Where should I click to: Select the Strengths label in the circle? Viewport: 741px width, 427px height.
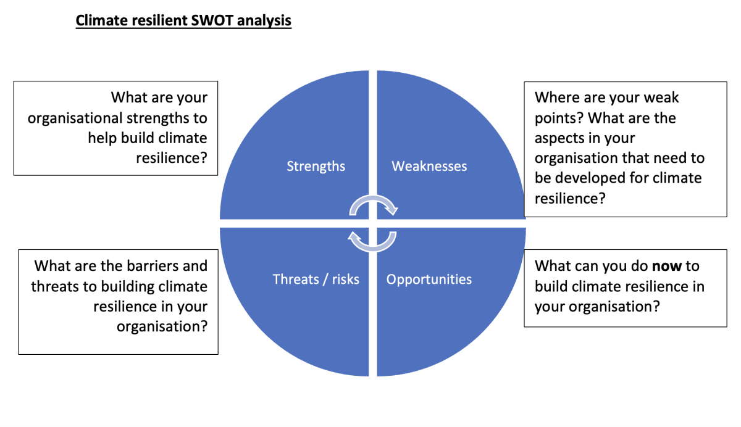[x=316, y=166]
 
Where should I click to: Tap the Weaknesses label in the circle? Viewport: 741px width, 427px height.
[x=429, y=166]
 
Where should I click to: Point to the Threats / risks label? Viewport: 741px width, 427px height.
[x=316, y=280]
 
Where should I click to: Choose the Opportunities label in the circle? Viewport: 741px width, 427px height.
[x=429, y=280]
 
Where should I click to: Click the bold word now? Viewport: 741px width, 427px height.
[x=666, y=266]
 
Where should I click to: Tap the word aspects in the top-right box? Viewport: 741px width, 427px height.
[x=559, y=138]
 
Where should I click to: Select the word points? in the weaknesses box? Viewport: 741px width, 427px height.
[x=559, y=118]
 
